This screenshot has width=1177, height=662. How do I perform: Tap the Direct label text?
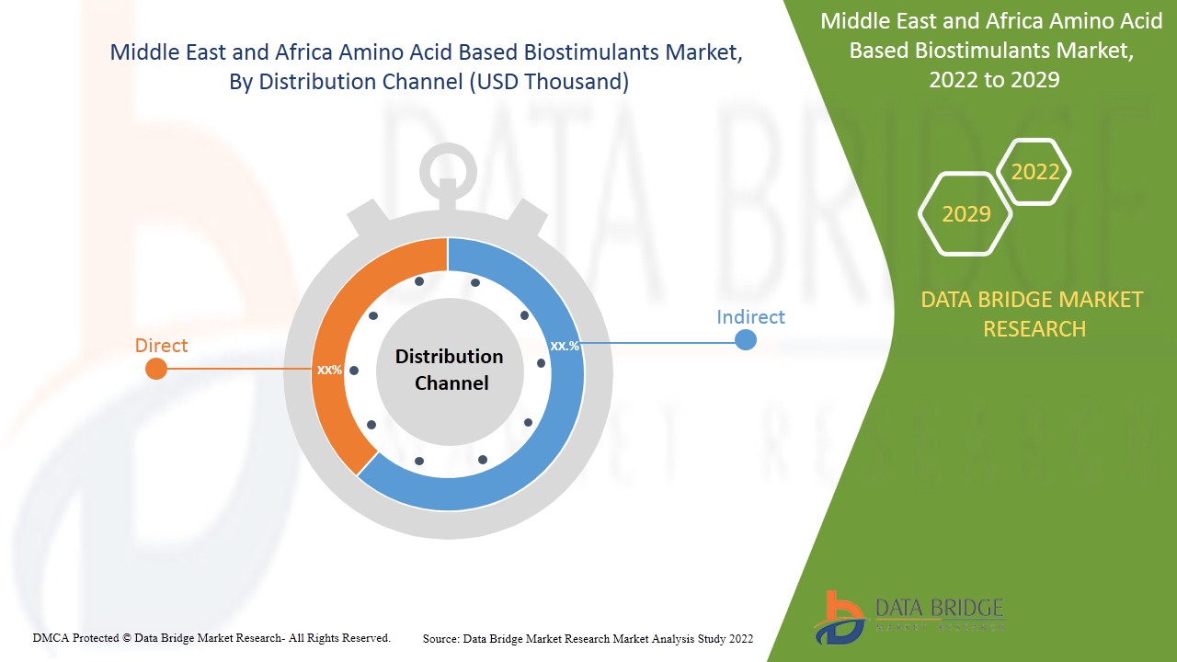click(161, 346)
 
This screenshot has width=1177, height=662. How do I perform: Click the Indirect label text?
click(750, 317)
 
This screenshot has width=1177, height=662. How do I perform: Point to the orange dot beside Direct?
click(156, 369)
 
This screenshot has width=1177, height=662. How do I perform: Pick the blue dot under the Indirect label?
click(746, 340)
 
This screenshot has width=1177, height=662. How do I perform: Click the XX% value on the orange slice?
click(329, 370)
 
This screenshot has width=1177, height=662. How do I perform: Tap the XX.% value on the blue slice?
click(565, 346)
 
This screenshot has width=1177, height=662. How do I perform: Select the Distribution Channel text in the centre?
click(449, 370)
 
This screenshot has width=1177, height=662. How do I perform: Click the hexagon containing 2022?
click(1034, 172)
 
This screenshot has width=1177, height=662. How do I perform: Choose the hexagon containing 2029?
click(966, 214)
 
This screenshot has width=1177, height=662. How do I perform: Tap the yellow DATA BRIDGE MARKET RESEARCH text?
click(1034, 314)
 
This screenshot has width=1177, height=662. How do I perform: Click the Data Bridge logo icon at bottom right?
click(839, 616)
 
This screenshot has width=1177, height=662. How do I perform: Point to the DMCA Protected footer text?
click(211, 637)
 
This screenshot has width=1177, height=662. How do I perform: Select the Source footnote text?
click(588, 638)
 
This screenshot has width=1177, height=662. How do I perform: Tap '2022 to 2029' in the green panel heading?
click(993, 80)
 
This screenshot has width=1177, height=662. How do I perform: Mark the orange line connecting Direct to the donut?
click(239, 369)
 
